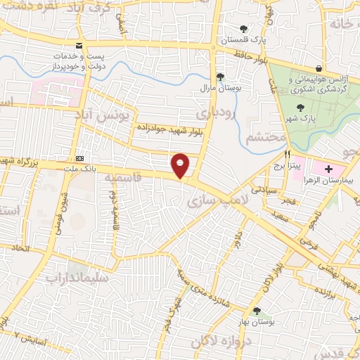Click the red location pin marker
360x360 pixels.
181,165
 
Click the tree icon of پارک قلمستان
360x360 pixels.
243,30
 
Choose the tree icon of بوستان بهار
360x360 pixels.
257,310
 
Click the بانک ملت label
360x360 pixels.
78,169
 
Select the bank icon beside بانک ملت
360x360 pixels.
79,158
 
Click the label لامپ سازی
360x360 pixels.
215,200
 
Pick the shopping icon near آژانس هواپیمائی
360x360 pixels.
320,68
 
